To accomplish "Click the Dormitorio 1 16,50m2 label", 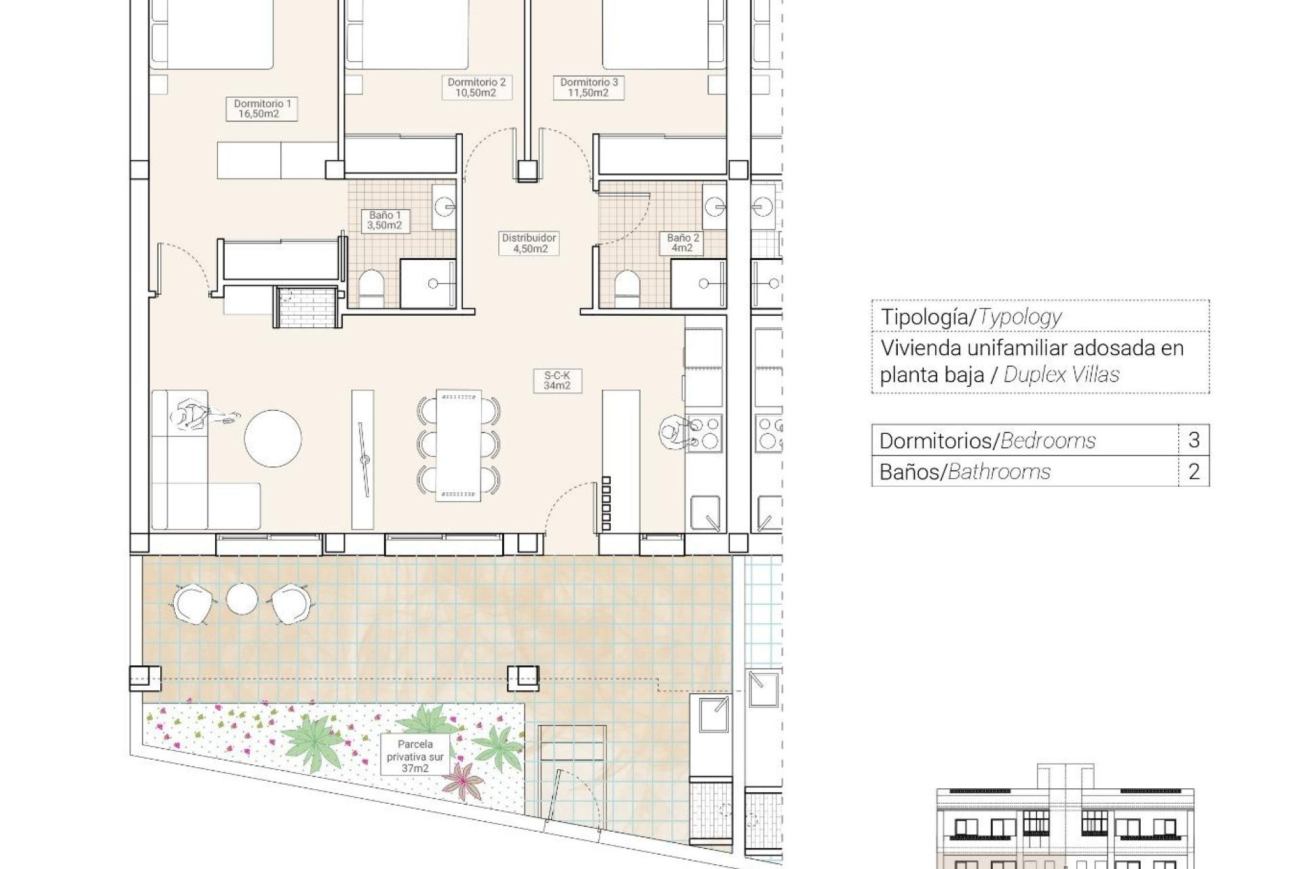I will (x=262, y=109).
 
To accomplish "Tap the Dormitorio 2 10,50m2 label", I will (x=476, y=88).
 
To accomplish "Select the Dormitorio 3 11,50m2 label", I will (x=588, y=88).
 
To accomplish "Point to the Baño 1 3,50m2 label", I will (x=385, y=220).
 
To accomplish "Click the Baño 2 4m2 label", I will (x=683, y=243).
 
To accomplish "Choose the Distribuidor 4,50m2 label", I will (x=529, y=243).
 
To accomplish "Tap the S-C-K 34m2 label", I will (x=557, y=380).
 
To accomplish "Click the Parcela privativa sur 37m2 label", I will (x=415, y=756).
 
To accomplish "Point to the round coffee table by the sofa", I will (x=273, y=438).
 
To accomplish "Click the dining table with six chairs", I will (x=459, y=445).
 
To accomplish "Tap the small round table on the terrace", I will (x=242, y=599).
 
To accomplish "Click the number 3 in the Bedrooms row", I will (x=1194, y=440).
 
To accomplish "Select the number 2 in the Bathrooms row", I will (x=1194, y=471).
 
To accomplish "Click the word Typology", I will (x=1019, y=316).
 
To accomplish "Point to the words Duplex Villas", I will (x=1061, y=374).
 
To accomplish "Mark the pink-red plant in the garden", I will (x=464, y=781).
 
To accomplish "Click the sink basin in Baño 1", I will (x=445, y=206).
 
